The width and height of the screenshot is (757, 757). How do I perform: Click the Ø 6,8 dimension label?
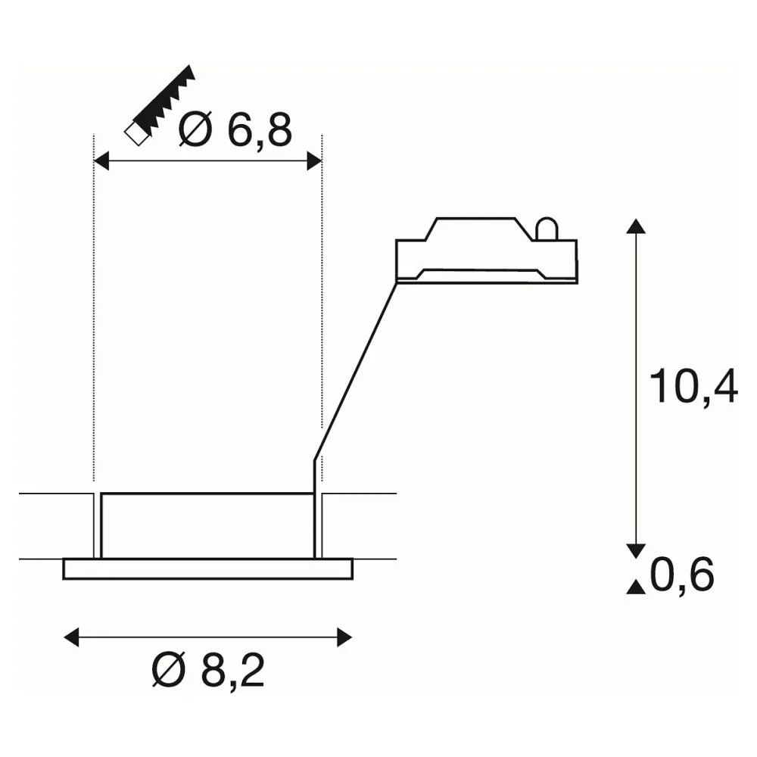[x=235, y=130]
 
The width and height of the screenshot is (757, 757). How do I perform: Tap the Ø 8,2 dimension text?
[x=208, y=670]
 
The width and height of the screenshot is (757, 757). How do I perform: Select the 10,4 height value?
[x=693, y=387]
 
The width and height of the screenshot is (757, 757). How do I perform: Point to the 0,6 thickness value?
[x=682, y=575]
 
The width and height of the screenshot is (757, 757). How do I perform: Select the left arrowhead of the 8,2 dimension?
[x=71, y=637]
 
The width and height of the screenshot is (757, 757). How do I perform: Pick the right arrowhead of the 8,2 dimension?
[x=344, y=637]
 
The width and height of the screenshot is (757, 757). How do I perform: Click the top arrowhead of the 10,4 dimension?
[x=636, y=226]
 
